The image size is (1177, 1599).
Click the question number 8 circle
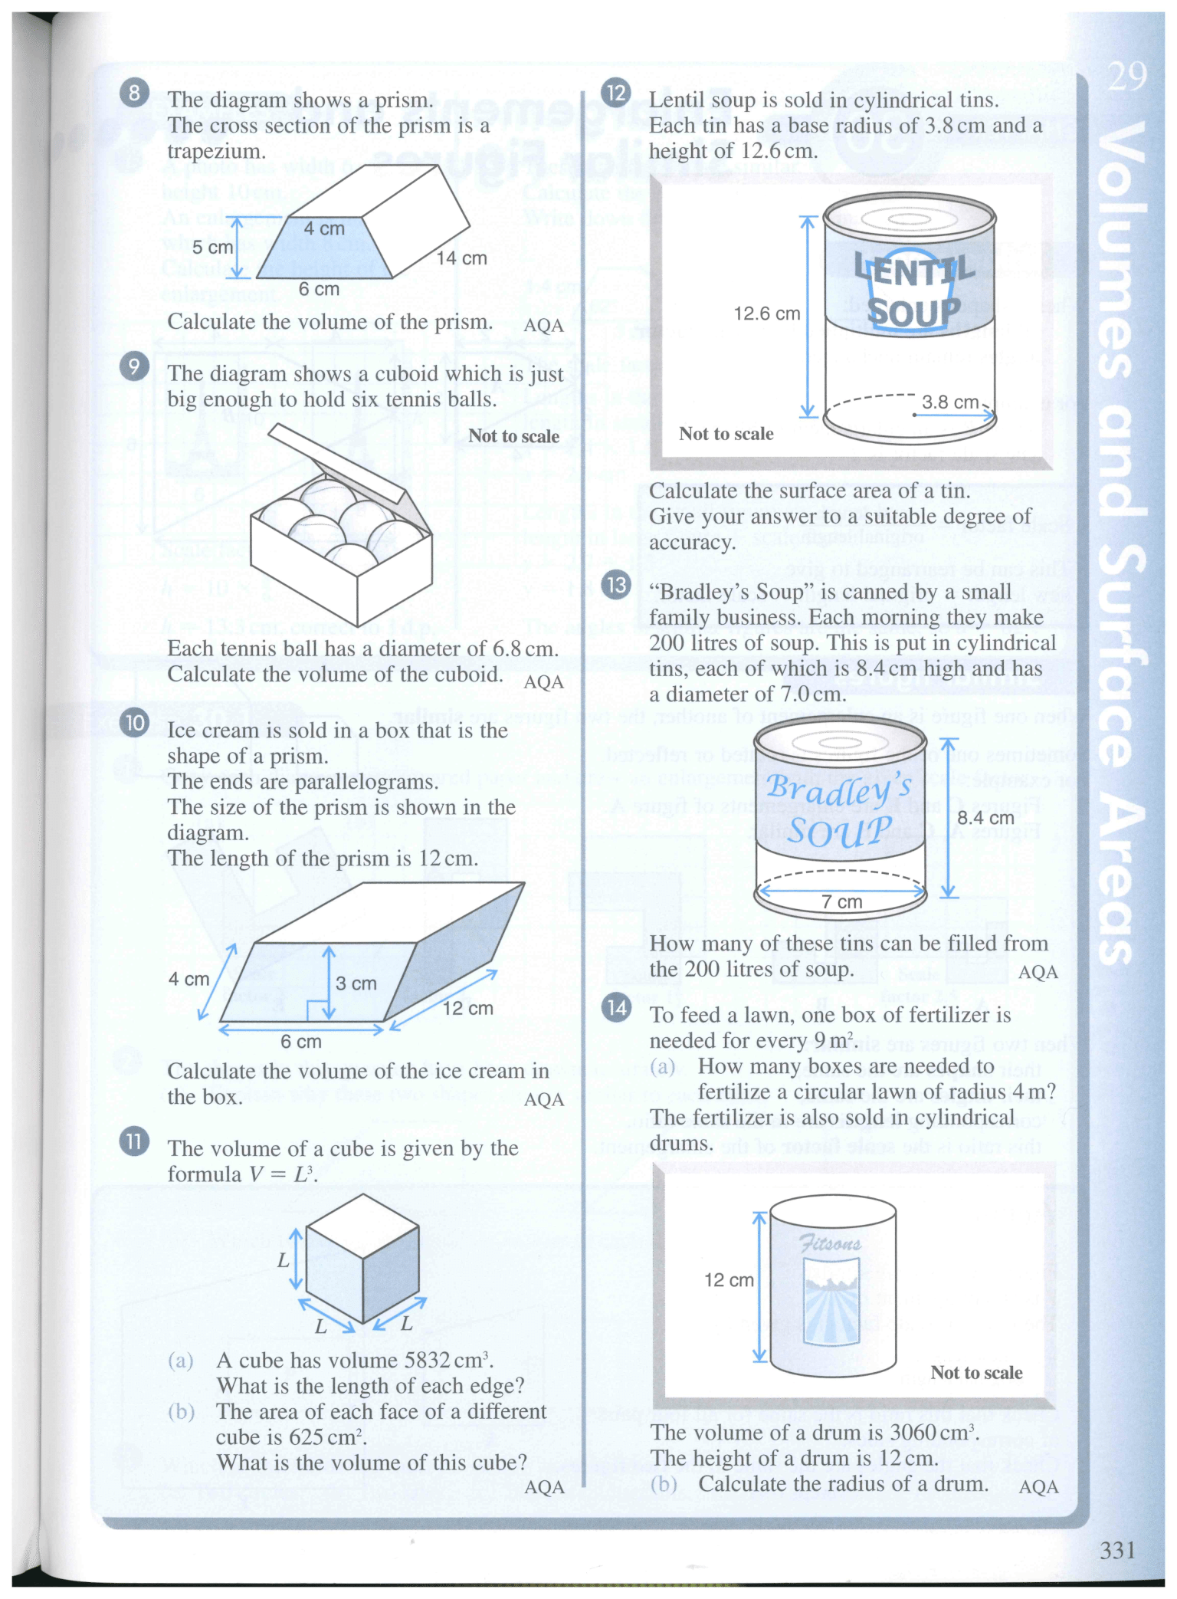point(134,94)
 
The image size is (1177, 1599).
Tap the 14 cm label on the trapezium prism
point(461,258)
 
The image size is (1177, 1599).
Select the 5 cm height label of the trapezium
point(211,248)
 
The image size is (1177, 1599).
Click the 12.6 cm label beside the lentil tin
point(766,314)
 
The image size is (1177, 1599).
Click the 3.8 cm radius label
point(949,402)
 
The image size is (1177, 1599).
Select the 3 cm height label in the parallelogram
point(356,983)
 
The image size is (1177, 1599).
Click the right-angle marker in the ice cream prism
point(315,1011)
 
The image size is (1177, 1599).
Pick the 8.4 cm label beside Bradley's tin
point(985,818)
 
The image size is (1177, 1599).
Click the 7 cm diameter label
point(841,902)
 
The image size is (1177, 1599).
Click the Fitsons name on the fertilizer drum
point(830,1243)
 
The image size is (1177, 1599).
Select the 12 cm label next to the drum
point(728,1280)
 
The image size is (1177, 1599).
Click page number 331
point(1116,1550)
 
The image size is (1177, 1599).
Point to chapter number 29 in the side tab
point(1126,77)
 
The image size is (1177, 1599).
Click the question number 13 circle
point(616,586)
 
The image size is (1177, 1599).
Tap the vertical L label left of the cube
point(284,1259)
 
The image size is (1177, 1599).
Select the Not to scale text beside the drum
point(976,1373)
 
